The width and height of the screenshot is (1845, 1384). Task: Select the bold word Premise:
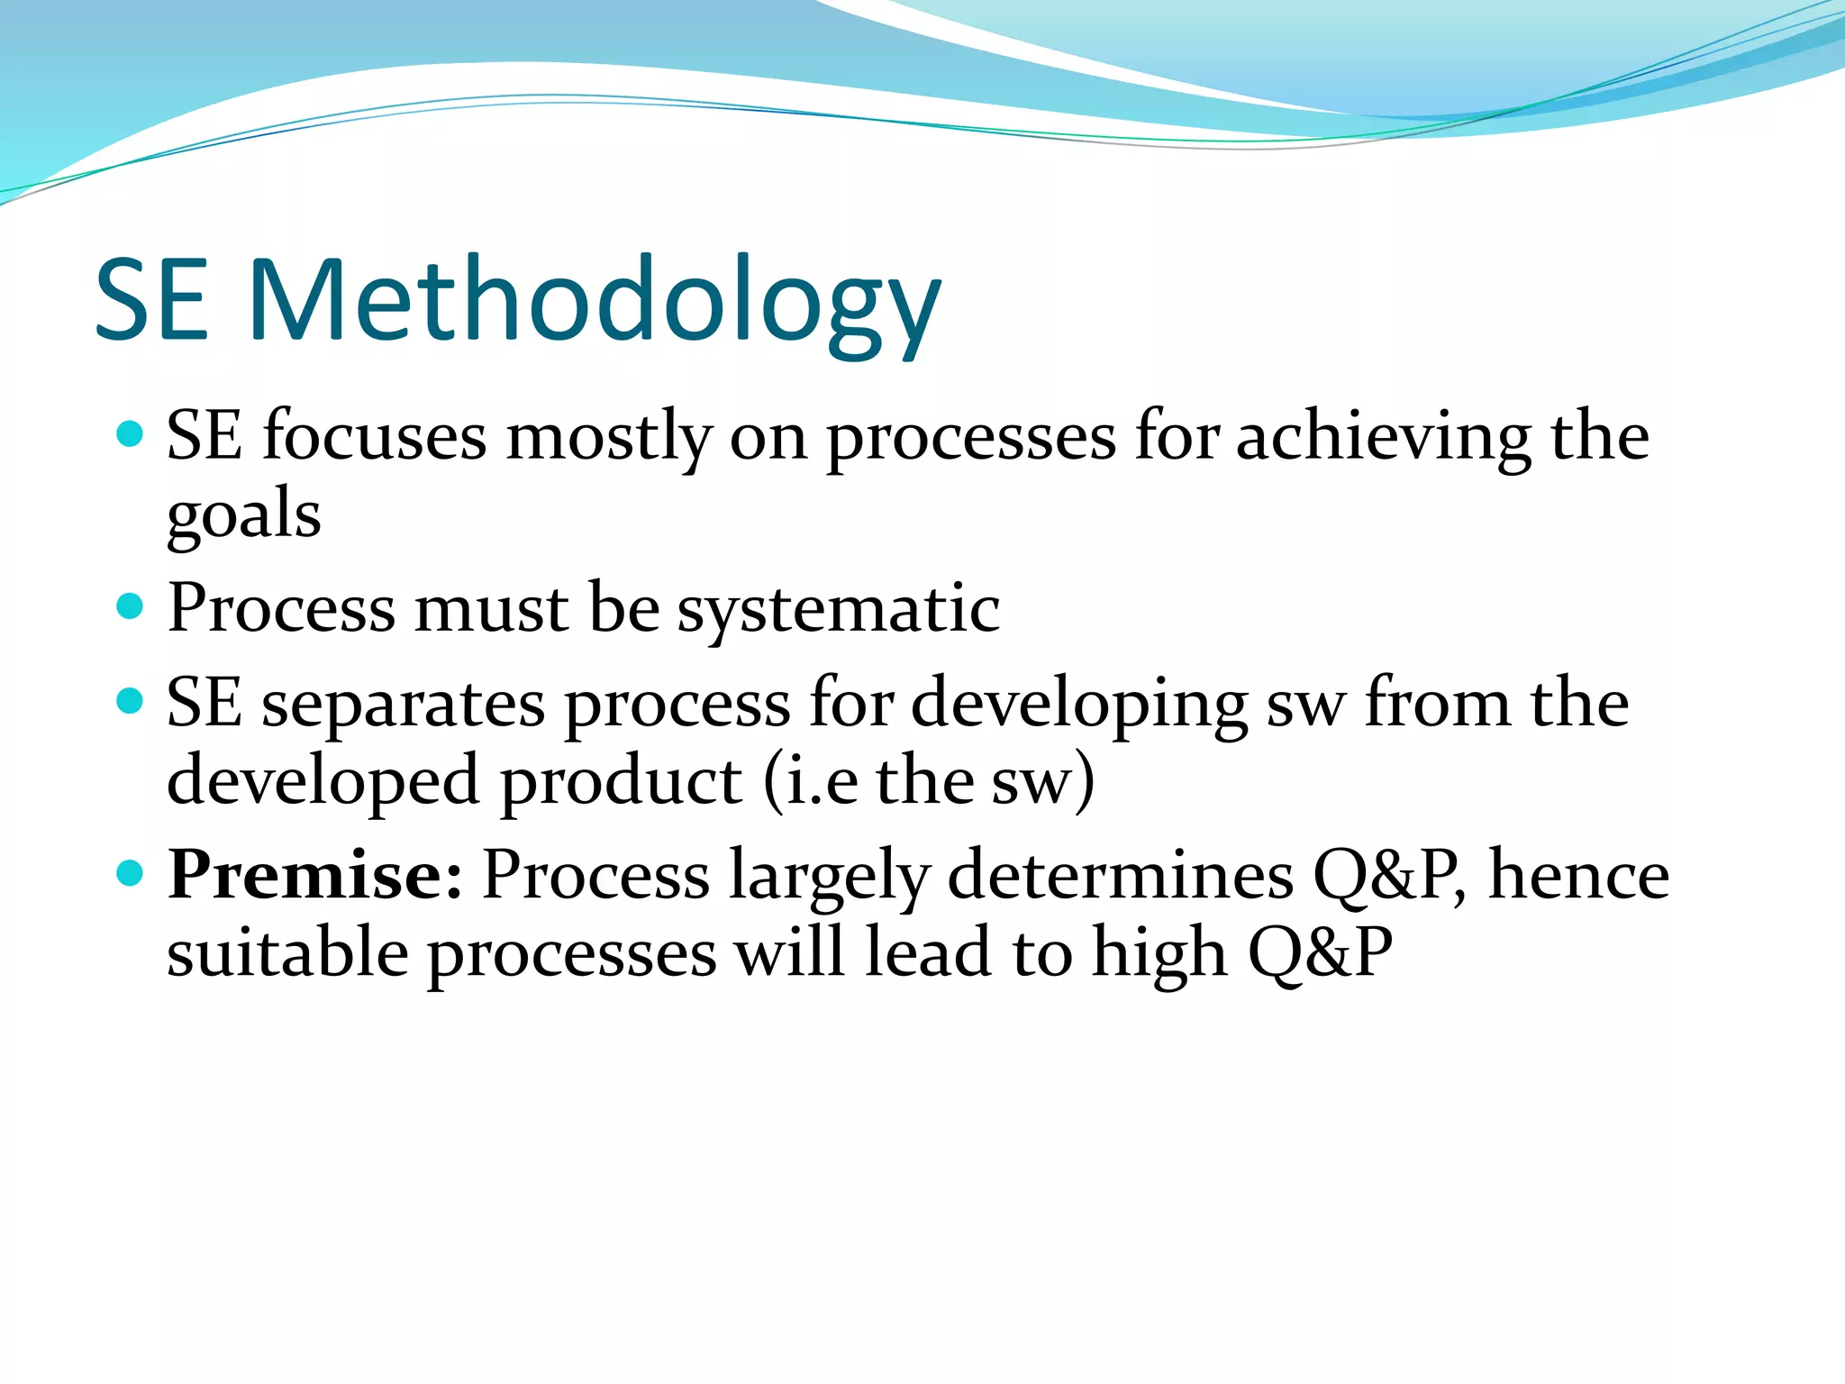(315, 875)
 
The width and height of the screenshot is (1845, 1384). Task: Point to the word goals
(243, 516)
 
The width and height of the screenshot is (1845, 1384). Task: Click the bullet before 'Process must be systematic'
(131, 605)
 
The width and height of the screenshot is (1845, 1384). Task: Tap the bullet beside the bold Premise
(131, 872)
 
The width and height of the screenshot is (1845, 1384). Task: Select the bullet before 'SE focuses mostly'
(131, 434)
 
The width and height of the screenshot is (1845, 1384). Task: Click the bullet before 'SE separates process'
(131, 700)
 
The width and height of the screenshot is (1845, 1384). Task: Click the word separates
(403, 705)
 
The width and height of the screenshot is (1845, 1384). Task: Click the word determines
(1121, 876)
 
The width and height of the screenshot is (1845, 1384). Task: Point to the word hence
(1578, 876)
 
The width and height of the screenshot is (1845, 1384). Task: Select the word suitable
(287, 954)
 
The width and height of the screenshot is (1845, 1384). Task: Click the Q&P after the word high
(1320, 954)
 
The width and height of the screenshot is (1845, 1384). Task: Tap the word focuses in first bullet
(374, 437)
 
